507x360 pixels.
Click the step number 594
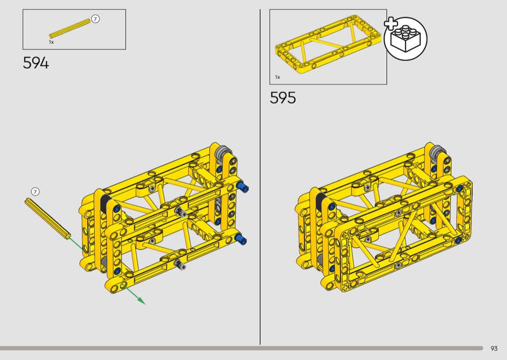tap(36, 63)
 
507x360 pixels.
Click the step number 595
tap(282, 97)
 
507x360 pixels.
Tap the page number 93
tap(494, 348)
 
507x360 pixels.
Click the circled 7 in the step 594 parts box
tap(95, 19)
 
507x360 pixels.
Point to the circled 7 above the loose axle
tap(35, 192)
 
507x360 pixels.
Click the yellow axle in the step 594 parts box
tap(70, 28)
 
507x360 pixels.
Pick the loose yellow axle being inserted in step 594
tap(47, 219)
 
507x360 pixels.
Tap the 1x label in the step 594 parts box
tap(51, 42)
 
